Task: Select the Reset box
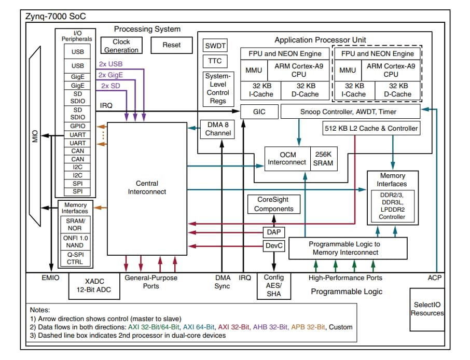(171, 45)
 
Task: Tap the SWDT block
(215, 46)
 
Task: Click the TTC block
(215, 61)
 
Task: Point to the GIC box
(259, 112)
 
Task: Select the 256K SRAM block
(323, 158)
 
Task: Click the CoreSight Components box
(273, 204)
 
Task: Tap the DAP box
(273, 232)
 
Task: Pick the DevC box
(273, 245)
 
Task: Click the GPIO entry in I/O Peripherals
(77, 126)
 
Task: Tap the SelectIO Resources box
(427, 309)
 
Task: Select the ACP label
(435, 278)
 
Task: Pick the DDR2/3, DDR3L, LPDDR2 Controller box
(392, 205)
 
